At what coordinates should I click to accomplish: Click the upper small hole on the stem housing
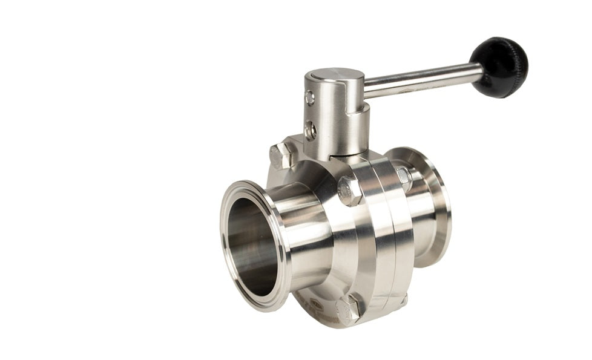tap(310, 97)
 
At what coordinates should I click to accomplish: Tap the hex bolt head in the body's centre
tap(350, 191)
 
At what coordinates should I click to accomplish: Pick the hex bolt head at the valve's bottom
tap(349, 309)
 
